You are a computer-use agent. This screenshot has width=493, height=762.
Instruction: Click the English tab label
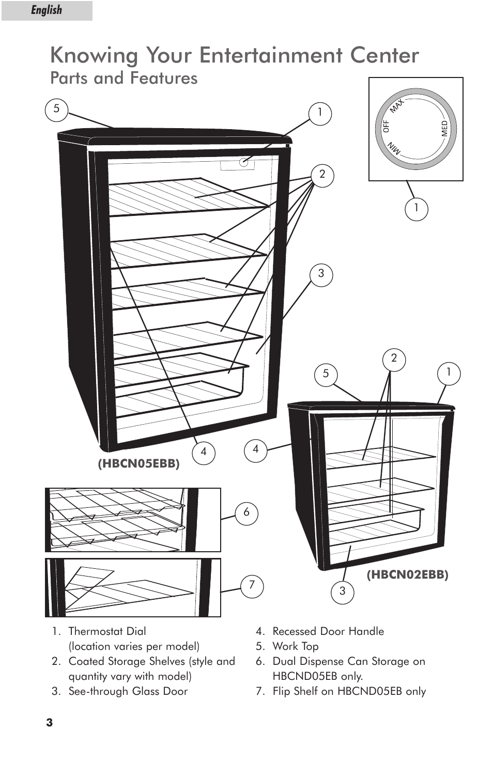pos(46,10)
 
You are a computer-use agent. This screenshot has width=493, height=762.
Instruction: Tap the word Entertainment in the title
pos(270,55)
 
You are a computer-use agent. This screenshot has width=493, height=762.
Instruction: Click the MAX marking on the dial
pos(396,105)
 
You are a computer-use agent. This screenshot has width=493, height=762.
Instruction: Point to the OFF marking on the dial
pos(386,127)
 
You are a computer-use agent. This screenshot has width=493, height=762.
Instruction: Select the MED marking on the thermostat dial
pos(444,129)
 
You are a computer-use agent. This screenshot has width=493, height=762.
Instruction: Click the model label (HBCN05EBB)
pos(138,463)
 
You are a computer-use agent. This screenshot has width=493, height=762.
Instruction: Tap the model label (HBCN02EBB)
pos(407,574)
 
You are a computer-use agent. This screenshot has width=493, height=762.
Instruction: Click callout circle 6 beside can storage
pos(246,512)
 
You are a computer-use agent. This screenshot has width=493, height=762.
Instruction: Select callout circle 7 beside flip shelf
pos(252,585)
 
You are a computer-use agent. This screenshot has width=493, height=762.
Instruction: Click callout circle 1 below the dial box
pos(417,209)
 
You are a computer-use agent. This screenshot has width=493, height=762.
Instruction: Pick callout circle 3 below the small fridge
pos(342,592)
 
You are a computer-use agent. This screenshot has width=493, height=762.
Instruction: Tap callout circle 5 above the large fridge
pos(57,110)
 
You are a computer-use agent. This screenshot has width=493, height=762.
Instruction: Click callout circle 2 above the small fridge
pos(394,359)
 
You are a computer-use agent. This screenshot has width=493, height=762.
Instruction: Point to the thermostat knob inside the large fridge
pos(244,162)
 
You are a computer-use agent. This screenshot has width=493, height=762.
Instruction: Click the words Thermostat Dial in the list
pos(107,631)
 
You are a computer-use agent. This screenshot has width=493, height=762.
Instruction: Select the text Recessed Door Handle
pos(328,631)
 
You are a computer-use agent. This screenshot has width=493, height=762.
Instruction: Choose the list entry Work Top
pos(295,646)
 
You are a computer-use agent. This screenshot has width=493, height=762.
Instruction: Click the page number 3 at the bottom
pos(50,723)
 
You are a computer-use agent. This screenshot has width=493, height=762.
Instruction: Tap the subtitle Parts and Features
pos(124,79)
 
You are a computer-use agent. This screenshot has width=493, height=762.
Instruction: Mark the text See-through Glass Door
pos(128,691)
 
